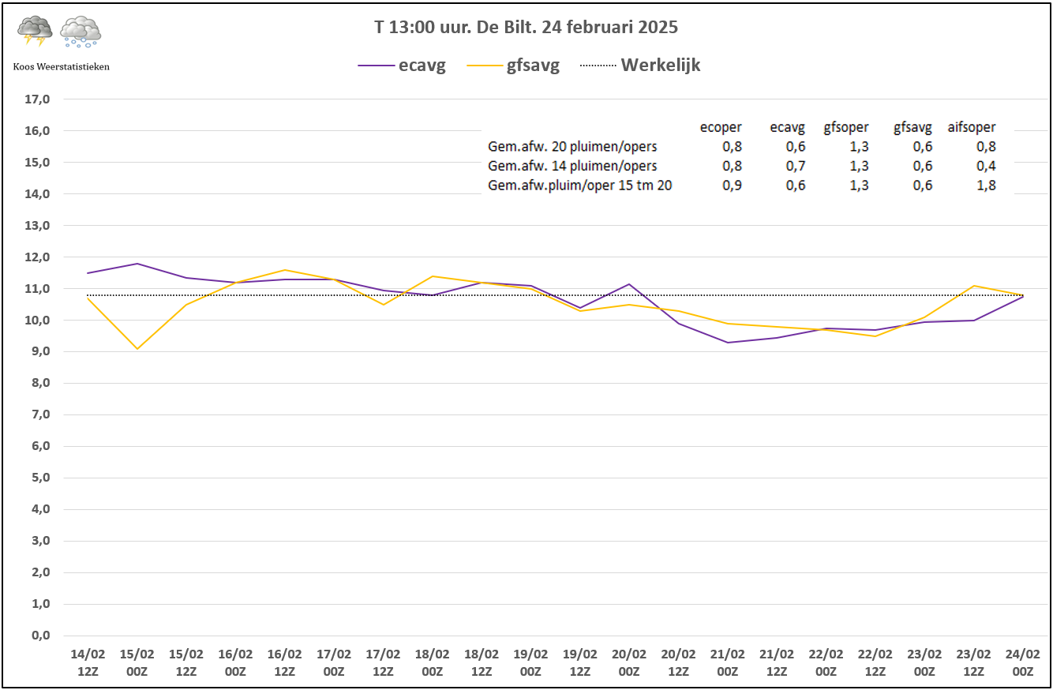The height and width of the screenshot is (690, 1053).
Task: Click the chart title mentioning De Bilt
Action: tap(526, 28)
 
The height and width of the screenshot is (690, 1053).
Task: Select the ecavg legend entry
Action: tap(402, 65)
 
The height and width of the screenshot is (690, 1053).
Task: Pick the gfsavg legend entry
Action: tap(513, 65)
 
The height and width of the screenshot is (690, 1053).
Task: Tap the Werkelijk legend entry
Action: tap(640, 65)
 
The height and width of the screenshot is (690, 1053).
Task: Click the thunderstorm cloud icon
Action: tap(35, 31)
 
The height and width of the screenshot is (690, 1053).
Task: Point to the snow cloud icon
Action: tap(81, 32)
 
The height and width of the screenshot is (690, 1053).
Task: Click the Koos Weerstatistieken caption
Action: tap(61, 67)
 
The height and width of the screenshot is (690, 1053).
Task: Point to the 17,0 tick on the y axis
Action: tap(38, 99)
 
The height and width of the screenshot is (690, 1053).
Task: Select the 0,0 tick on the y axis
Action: tap(40, 636)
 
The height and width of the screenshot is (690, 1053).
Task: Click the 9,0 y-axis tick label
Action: tap(40, 351)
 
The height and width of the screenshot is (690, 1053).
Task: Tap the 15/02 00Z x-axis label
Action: tap(137, 662)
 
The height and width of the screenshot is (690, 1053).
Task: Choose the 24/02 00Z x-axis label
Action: tap(1022, 662)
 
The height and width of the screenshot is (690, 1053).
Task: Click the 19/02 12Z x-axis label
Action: tap(579, 662)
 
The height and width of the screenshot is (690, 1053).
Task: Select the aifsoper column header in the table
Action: tap(971, 127)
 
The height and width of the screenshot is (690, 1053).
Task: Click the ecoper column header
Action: tap(721, 127)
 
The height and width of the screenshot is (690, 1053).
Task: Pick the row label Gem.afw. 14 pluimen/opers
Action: tap(572, 166)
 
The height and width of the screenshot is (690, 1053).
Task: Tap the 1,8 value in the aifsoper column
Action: tap(986, 186)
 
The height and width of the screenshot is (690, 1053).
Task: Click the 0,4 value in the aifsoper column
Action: tap(986, 166)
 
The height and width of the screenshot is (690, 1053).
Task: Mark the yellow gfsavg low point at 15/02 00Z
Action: tap(137, 349)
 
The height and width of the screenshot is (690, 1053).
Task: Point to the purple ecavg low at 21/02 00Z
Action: tap(727, 342)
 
